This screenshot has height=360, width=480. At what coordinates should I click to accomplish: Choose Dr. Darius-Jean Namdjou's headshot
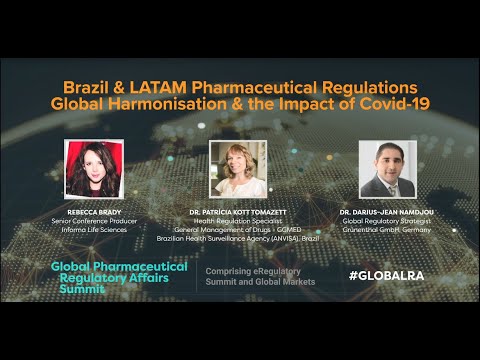click(x=387, y=169)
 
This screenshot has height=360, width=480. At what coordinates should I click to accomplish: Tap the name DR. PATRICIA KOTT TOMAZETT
click(x=239, y=213)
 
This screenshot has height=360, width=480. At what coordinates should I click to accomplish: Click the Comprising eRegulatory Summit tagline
click(x=260, y=277)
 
